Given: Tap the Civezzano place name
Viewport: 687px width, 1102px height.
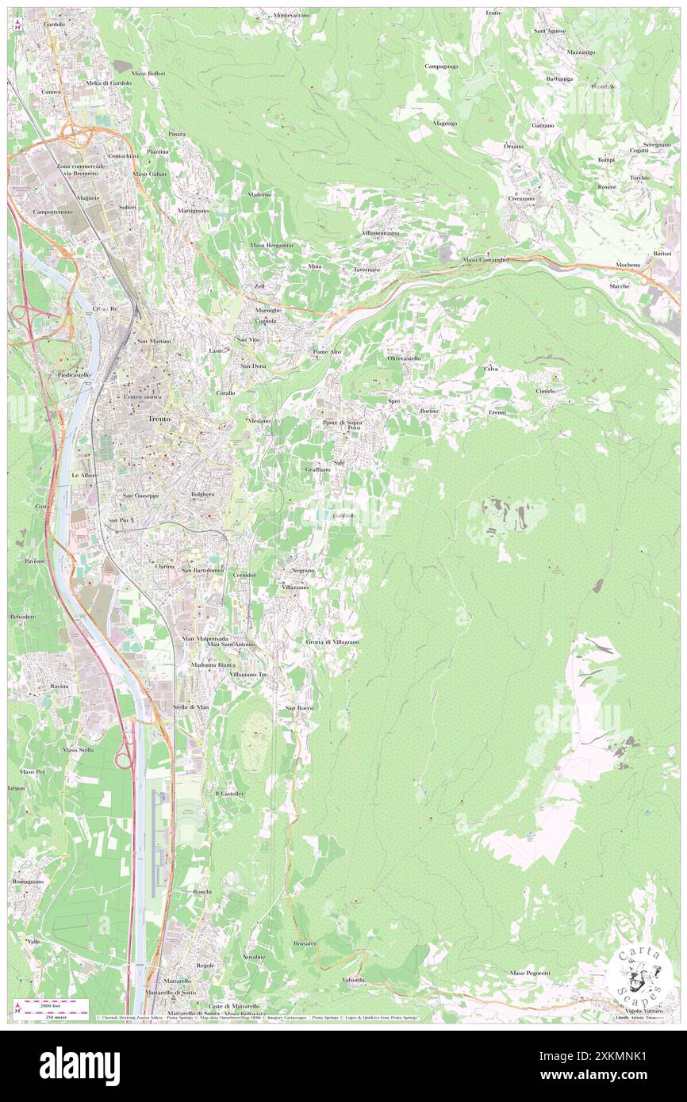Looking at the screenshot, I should click(524, 198).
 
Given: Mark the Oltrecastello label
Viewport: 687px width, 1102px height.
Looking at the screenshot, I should click(404, 358).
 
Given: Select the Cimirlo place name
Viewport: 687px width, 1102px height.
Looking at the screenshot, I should click(545, 391).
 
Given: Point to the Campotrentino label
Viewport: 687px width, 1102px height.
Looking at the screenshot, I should click(52, 212).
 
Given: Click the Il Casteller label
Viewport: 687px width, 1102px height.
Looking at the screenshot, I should click(228, 793).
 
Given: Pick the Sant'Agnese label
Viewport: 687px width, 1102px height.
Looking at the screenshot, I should click(549, 31).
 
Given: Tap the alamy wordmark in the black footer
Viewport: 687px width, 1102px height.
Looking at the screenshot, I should click(79, 1062).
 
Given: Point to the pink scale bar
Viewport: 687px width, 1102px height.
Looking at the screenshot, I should click(52, 1003).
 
